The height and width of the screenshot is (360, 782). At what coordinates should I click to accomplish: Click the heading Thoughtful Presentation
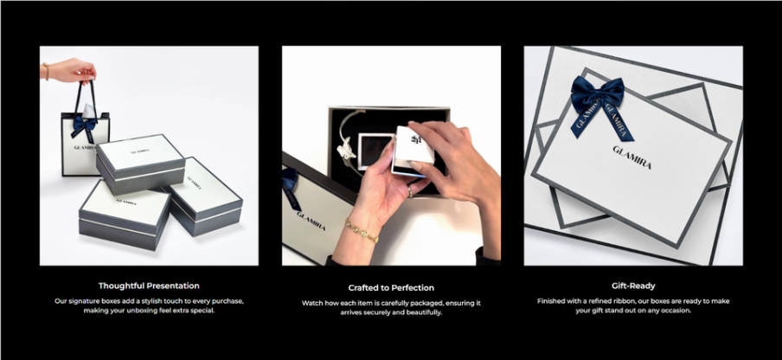click(149, 286)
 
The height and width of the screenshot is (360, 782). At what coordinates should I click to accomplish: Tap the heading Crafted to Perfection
click(391, 287)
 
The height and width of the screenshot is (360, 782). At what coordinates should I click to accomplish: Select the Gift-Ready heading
click(633, 286)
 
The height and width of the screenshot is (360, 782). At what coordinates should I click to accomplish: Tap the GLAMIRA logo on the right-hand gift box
click(631, 157)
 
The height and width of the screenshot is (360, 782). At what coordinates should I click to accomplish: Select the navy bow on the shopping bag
click(84, 125)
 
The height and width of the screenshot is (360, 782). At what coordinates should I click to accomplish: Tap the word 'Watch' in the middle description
click(312, 303)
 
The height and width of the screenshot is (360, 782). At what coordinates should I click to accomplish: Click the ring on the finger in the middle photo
click(410, 191)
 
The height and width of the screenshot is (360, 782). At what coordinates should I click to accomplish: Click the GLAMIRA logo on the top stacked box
click(140, 151)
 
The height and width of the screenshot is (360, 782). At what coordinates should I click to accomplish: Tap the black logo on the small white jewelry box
click(414, 139)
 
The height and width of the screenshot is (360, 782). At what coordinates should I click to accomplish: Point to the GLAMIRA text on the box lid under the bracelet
click(311, 222)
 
